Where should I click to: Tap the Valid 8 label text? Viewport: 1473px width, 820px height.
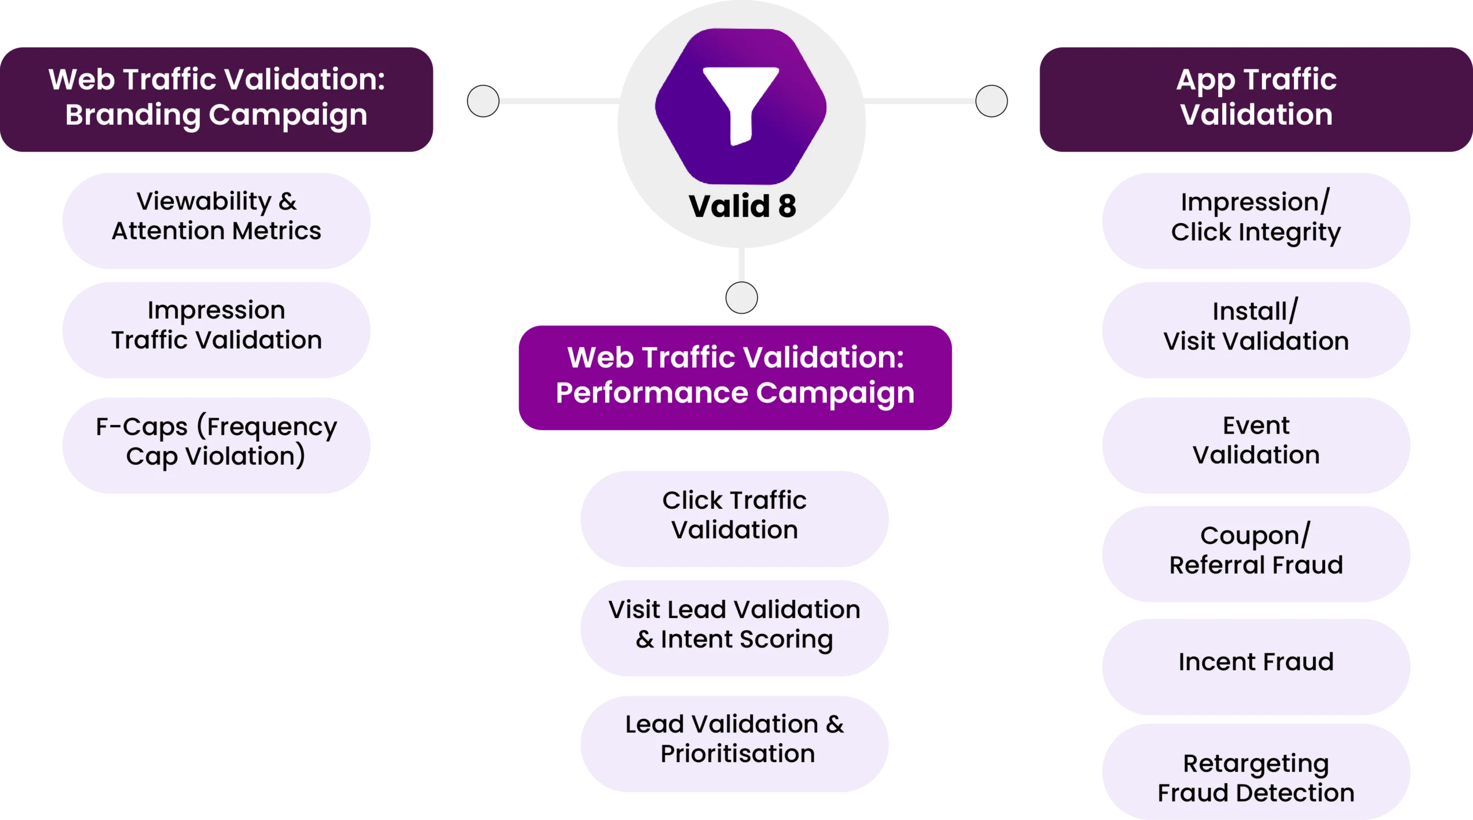(742, 206)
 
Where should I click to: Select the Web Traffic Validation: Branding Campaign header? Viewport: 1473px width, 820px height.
(216, 98)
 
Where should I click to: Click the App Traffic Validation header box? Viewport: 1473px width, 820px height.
(1256, 98)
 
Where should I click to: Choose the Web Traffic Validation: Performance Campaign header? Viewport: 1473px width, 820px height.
(735, 376)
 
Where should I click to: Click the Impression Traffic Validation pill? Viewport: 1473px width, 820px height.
(216, 325)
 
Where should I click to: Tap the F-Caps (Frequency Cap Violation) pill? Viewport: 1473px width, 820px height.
(216, 442)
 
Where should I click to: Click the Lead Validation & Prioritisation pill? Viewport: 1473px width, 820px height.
(735, 739)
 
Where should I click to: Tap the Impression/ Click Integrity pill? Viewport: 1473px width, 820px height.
(1256, 217)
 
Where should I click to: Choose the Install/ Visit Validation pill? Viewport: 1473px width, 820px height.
(1256, 327)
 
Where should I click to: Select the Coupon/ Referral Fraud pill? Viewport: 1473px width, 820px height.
(1256, 551)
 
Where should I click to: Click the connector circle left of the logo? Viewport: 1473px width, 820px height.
(483, 101)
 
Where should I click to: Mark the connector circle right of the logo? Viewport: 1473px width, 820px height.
(991, 101)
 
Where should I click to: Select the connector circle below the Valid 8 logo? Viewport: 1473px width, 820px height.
(742, 297)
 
